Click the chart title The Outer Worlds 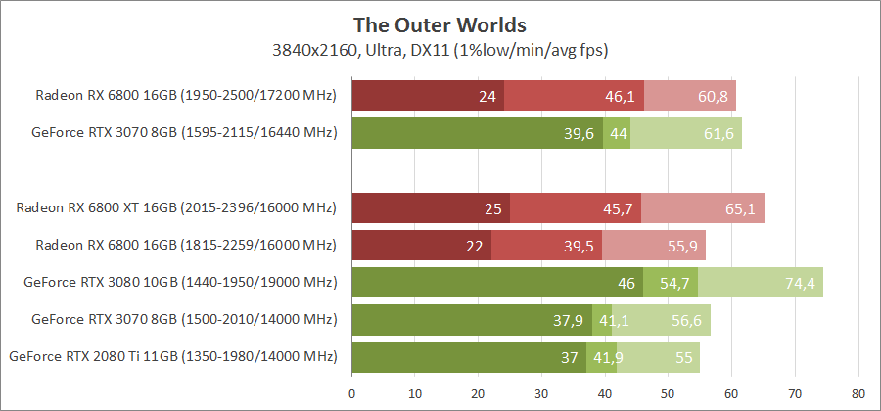click(440, 23)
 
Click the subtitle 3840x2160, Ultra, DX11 click(440, 48)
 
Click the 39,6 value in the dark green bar click(580, 133)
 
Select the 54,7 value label click(674, 283)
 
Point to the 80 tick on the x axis click(858, 395)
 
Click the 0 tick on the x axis click(351, 395)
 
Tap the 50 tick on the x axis click(669, 395)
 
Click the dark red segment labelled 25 click(431, 208)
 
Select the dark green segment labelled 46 click(496, 283)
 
